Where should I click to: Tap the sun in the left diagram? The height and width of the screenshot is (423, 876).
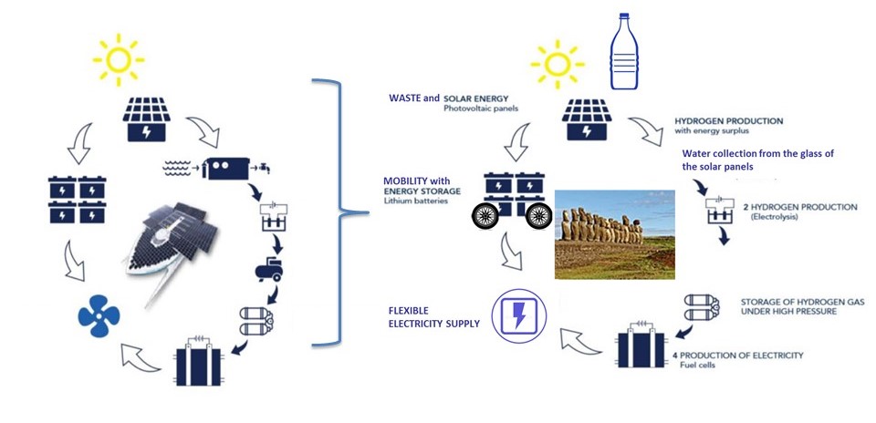pos(118,59)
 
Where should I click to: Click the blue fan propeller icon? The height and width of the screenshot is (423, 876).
pos(99,316)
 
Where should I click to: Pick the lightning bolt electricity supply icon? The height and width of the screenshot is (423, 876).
pos(518,316)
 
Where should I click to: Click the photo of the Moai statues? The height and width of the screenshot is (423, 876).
pos(614,234)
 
